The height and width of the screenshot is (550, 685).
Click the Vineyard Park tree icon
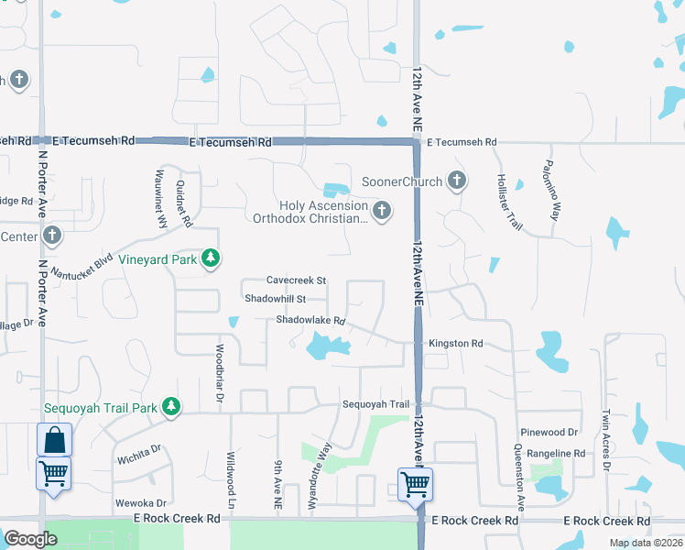point(212,259)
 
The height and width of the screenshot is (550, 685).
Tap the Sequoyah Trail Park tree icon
point(170,406)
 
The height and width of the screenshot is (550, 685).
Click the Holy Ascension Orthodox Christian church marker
point(382,212)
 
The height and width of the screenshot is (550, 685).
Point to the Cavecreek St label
point(296,280)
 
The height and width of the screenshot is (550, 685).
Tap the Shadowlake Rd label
point(310,321)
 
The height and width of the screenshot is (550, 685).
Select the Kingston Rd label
point(454,344)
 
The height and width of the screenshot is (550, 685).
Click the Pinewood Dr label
point(549,432)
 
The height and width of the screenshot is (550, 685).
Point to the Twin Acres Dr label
point(605,443)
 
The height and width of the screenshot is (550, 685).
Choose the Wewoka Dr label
point(140,503)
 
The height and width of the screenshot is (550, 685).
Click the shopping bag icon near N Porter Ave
point(54,440)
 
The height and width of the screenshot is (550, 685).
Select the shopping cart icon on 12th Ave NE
point(416,483)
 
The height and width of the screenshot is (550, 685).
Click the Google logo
point(30,538)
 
